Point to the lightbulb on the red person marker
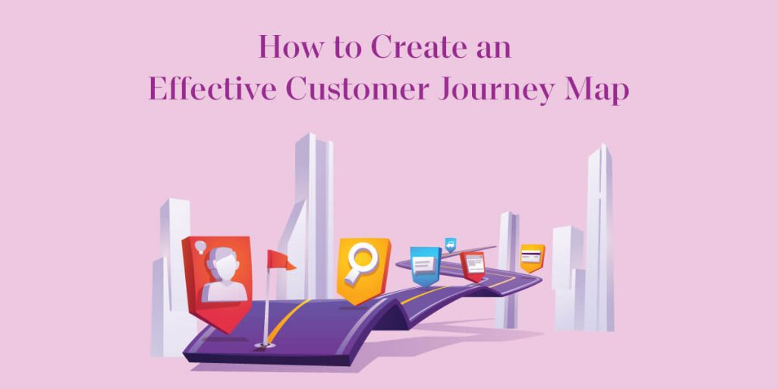click(200, 247)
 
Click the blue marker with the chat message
click(426, 264)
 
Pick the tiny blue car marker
click(451, 244)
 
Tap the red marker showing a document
click(474, 264)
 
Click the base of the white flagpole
click(266, 344)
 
